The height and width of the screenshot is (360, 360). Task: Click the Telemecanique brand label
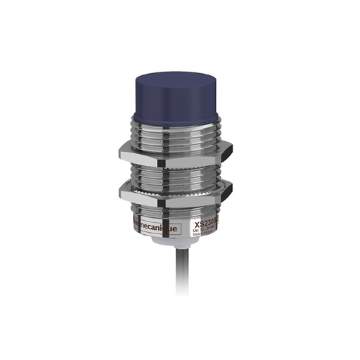point(156,226)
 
